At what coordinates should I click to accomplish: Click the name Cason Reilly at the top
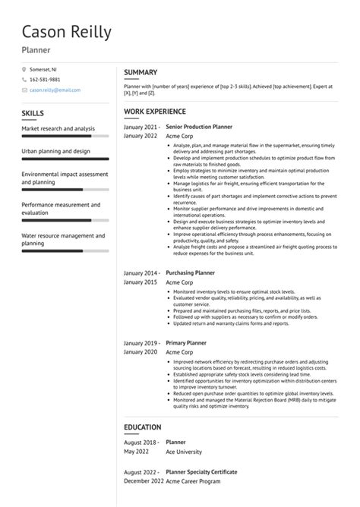tap(67, 32)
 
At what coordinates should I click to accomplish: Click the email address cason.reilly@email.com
tap(55, 90)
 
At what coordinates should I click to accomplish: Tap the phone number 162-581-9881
tap(45, 80)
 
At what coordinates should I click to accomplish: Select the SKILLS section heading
tap(33, 114)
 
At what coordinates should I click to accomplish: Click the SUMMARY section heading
tap(141, 72)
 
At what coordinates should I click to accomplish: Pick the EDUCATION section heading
tap(143, 427)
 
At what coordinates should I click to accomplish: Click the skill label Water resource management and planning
tap(62, 239)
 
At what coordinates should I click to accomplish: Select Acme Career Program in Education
tap(194, 481)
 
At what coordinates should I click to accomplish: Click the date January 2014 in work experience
tap(141, 272)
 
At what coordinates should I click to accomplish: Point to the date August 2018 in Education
tap(141, 441)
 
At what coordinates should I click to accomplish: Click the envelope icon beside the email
tap(24, 90)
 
